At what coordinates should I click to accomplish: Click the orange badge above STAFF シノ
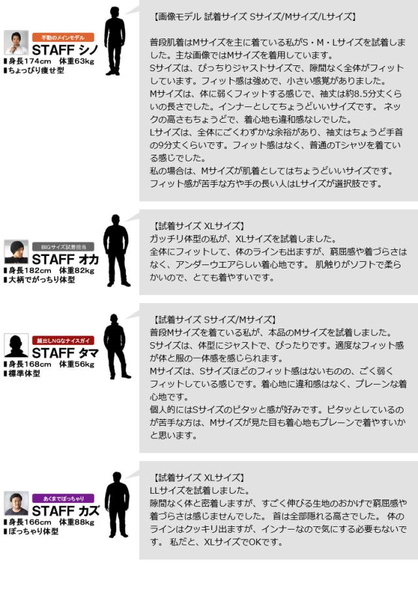click(63, 37)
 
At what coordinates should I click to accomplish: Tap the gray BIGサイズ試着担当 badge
click(63, 247)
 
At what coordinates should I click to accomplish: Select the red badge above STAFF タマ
click(63, 340)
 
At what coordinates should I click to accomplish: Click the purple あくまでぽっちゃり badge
click(63, 498)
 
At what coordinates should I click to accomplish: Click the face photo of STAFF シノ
click(16, 43)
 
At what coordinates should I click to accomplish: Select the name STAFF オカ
click(65, 259)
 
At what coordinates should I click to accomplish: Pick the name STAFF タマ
click(65, 353)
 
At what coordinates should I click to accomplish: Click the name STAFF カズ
click(65, 511)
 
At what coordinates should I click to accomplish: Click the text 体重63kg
click(77, 61)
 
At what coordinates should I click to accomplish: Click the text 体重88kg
click(77, 522)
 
